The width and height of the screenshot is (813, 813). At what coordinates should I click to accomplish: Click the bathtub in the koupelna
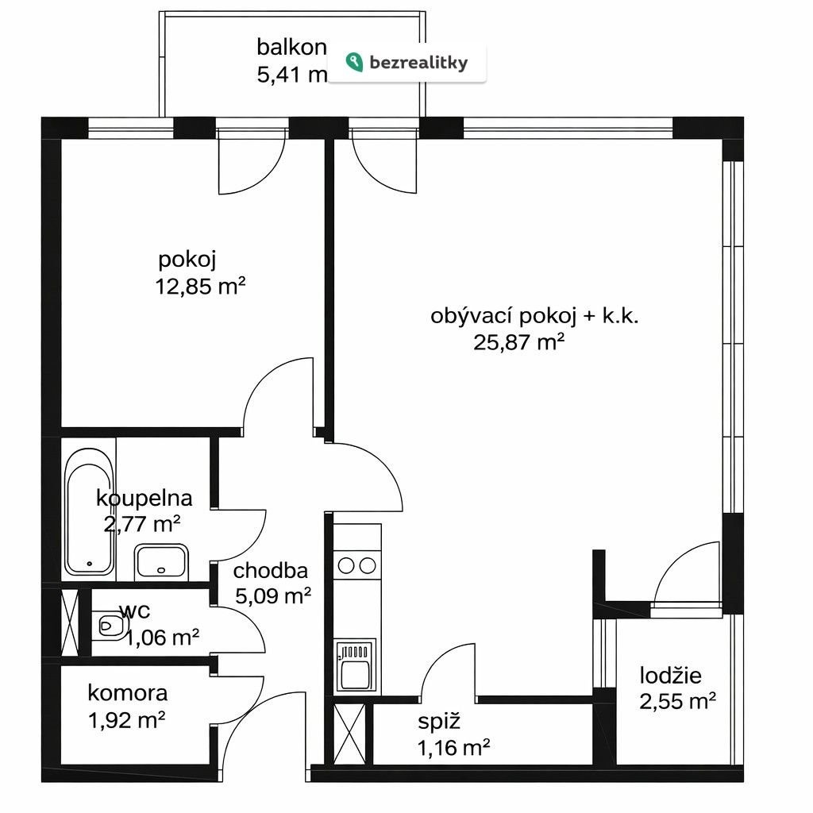click(89, 512)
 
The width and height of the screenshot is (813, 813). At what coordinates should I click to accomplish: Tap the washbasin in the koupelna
click(160, 562)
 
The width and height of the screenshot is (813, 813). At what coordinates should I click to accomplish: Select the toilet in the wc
click(110, 626)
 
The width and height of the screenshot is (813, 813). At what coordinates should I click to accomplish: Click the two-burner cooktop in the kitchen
click(356, 565)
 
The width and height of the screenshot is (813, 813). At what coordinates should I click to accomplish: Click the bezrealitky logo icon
click(354, 62)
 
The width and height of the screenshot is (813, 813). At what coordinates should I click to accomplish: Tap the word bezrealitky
click(418, 64)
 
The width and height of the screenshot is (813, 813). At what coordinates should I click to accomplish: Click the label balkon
click(291, 47)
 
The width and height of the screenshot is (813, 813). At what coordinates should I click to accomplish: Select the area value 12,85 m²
click(200, 286)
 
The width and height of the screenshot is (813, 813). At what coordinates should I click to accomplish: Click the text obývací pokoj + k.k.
click(534, 316)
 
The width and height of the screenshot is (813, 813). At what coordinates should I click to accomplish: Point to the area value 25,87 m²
click(518, 342)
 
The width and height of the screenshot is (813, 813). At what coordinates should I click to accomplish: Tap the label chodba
click(270, 570)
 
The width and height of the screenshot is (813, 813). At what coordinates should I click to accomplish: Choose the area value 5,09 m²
click(273, 595)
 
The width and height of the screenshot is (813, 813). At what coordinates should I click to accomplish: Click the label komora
click(128, 692)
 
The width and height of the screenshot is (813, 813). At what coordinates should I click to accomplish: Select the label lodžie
click(670, 675)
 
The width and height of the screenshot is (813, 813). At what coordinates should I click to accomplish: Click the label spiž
click(438, 722)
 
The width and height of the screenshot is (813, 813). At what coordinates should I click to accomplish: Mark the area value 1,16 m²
click(453, 748)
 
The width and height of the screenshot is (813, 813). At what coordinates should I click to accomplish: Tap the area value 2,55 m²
click(678, 702)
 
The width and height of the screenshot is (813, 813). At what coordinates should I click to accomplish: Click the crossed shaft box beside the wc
click(70, 622)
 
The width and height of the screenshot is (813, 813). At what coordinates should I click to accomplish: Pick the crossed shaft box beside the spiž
click(350, 733)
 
